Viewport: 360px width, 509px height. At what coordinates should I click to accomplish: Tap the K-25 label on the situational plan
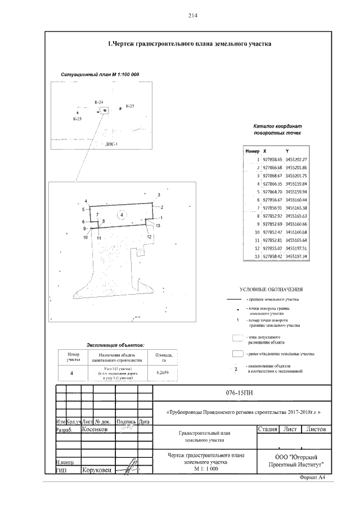[129, 106]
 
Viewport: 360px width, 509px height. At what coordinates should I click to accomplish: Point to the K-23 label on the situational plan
[77, 119]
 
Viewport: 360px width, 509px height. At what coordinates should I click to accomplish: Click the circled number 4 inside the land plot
[120, 215]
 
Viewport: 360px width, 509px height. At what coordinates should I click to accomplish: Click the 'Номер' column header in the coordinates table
[251, 152]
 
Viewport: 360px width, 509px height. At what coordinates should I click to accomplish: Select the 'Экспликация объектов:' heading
[115, 344]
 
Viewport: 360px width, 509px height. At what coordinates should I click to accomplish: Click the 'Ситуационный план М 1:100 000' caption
[100, 75]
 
